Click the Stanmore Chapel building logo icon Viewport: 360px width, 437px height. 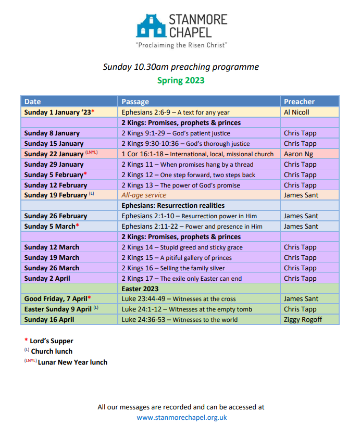[x=150, y=26]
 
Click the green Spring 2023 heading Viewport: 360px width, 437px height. [x=181, y=80]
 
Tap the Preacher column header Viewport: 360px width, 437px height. [x=299, y=102]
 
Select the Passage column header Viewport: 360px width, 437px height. [x=135, y=102]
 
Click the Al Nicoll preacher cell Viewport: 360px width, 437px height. [x=296, y=112]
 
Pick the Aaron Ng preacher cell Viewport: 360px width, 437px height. [x=298, y=154]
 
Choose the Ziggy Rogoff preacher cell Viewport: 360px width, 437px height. [x=303, y=319]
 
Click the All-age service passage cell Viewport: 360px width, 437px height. [x=144, y=195]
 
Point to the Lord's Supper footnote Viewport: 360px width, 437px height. [x=51, y=341]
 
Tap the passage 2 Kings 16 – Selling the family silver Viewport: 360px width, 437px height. [x=173, y=268]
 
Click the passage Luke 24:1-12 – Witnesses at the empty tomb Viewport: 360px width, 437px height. [x=187, y=309]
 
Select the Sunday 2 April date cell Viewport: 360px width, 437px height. [x=47, y=278]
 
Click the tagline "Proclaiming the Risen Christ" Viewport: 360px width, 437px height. [x=181, y=45]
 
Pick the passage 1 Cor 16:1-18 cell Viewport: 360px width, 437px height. [x=197, y=154]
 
